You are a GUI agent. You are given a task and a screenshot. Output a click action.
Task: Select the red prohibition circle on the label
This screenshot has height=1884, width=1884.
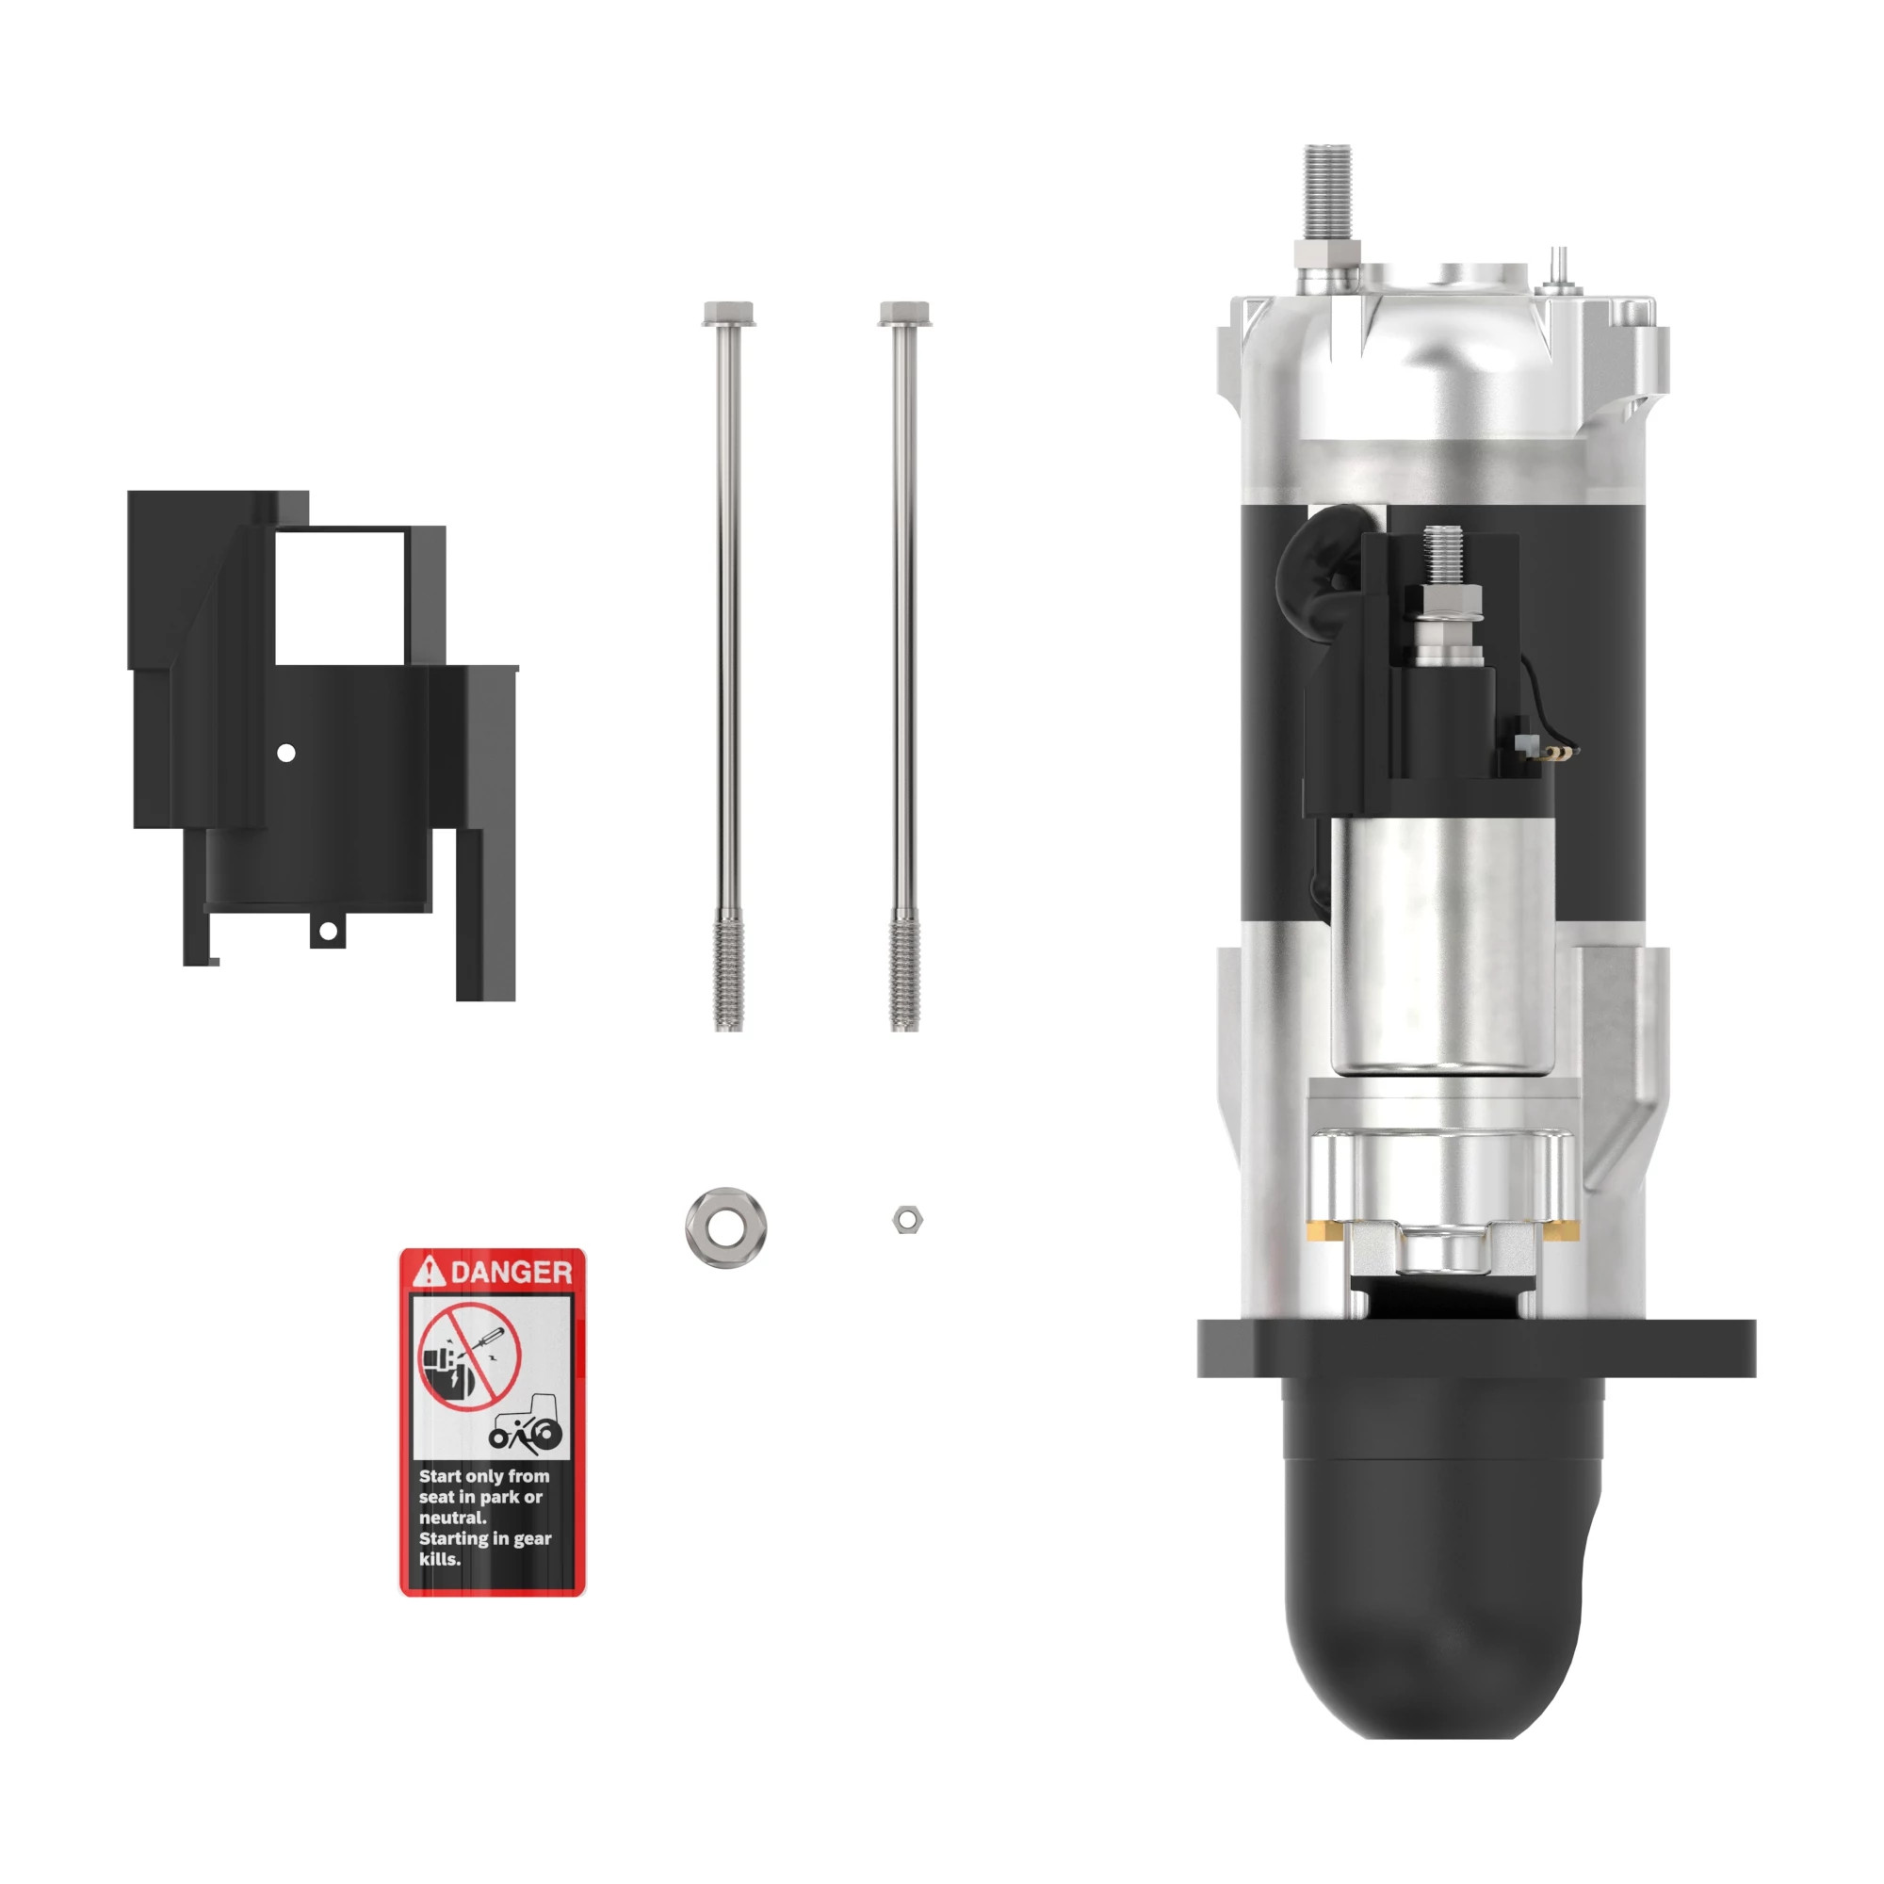point(469,1356)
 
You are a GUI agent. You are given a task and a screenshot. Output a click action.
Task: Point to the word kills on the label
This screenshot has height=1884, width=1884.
point(440,1558)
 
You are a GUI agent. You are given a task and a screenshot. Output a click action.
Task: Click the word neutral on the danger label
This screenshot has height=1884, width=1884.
point(452,1518)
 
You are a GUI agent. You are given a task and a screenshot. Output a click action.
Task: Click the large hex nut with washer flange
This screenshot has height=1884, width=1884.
point(725,1226)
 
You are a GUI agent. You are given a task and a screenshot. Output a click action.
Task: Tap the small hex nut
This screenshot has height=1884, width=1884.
point(907,1219)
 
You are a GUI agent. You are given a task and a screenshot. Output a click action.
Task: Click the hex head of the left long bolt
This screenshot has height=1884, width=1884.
point(728,314)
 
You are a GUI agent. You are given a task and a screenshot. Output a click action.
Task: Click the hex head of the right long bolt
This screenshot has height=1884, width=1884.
point(904,314)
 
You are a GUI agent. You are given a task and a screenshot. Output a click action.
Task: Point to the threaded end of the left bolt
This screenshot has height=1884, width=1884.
point(728,971)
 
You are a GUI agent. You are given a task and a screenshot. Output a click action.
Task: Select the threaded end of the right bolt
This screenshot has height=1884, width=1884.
point(904,971)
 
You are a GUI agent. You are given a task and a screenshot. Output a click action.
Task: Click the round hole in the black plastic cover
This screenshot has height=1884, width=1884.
point(286,753)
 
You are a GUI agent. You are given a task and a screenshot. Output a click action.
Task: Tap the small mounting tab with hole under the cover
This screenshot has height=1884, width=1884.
point(329,932)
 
